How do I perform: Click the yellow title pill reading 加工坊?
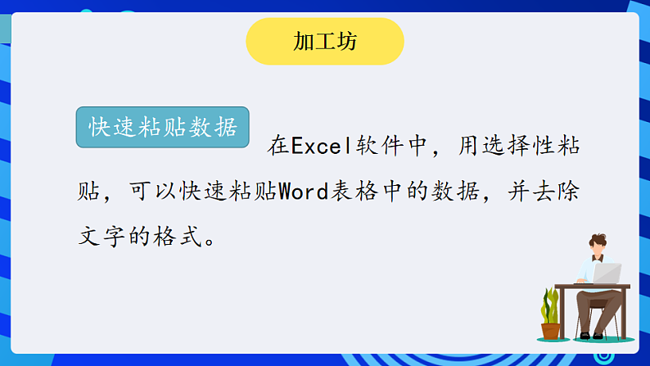click(325, 42)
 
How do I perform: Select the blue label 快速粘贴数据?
click(162, 128)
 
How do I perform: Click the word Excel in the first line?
click(321, 147)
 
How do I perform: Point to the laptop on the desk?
click(605, 273)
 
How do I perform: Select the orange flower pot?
click(551, 330)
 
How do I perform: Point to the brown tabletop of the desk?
click(592, 287)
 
